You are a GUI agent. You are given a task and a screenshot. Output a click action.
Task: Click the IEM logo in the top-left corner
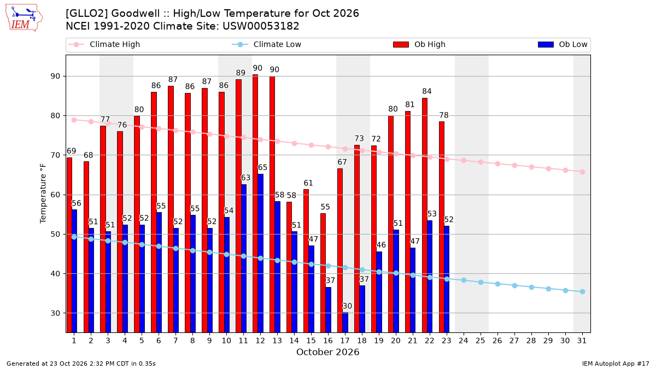coord(24,18)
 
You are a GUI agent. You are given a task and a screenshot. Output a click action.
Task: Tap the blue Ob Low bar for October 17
coord(345,323)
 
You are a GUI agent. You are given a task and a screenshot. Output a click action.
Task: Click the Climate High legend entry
coord(104,44)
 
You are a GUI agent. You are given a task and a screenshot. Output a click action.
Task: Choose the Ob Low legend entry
coord(563,44)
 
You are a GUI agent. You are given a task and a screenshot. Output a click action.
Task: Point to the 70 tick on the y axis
coord(55,155)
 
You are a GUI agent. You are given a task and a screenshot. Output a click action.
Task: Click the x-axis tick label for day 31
coord(582,341)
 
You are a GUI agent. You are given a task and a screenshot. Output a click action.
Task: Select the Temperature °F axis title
coord(43,194)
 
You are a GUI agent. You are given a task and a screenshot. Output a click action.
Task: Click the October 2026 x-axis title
coord(327,352)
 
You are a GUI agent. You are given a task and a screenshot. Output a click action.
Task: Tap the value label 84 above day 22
coord(427,91)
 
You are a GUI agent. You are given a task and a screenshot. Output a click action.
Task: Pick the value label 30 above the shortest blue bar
coord(347,306)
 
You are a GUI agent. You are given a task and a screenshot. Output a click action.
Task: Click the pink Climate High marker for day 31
coord(583,172)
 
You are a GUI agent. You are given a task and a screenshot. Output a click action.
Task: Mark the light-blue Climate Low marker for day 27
coord(515,285)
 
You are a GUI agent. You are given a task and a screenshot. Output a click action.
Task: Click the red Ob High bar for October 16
coord(323,273)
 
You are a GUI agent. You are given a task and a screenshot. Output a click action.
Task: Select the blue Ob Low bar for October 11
coord(244,258)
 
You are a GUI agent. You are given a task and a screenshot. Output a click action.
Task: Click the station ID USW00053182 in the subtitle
coord(261,26)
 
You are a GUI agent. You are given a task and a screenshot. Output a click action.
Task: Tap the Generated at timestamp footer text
coord(81,364)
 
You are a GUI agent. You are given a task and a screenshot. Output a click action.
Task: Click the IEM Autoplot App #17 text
coord(616,364)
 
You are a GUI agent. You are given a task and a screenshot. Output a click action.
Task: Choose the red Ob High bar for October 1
coord(69,245)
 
